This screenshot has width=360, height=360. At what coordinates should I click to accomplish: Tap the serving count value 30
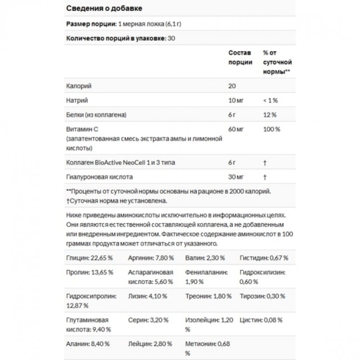click(171, 38)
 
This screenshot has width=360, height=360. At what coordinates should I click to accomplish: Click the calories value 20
click(232, 85)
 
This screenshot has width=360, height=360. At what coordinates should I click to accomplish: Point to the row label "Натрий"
click(76, 100)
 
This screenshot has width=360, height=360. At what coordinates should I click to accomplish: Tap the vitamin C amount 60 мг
click(236, 129)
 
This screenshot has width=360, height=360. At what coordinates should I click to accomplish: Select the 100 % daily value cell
click(272, 129)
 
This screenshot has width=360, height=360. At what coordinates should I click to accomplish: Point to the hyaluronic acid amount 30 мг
click(236, 177)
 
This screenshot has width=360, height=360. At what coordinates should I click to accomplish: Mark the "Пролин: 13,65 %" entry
click(89, 272)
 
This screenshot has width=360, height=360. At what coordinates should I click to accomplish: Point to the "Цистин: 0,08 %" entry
click(262, 320)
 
